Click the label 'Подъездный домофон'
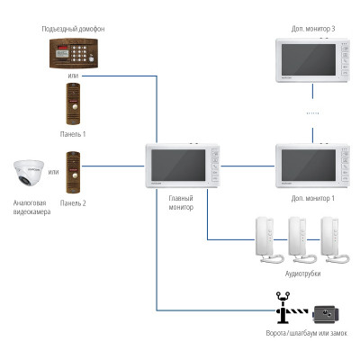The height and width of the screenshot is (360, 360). click(73, 29)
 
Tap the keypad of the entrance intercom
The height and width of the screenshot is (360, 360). click(78, 53)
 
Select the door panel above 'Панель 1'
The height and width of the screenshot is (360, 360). click(73, 103)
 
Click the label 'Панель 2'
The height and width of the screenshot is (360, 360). click(73, 203)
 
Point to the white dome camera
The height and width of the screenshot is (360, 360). click(29, 173)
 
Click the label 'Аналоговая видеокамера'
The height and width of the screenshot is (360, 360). click(31, 207)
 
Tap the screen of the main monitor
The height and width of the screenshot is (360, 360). click(178, 166)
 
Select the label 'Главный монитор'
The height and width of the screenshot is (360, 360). click(181, 202)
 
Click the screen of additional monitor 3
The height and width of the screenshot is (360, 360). click(309, 59)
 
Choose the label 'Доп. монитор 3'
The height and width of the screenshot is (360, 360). click(313, 29)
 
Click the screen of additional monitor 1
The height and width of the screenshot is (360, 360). click(309, 166)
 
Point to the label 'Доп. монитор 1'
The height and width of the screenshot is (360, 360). click(313, 198)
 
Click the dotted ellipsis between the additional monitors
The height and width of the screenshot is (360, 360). click(312, 113)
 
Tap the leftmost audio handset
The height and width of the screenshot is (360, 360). click(269, 240)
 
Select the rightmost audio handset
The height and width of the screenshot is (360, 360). click(335, 240)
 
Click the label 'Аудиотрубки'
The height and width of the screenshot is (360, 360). click(302, 274)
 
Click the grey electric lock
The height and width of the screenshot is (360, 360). click(326, 314)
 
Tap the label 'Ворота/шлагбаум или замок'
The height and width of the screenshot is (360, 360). click(307, 333)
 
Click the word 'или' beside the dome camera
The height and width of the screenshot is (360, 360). click(54, 172)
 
